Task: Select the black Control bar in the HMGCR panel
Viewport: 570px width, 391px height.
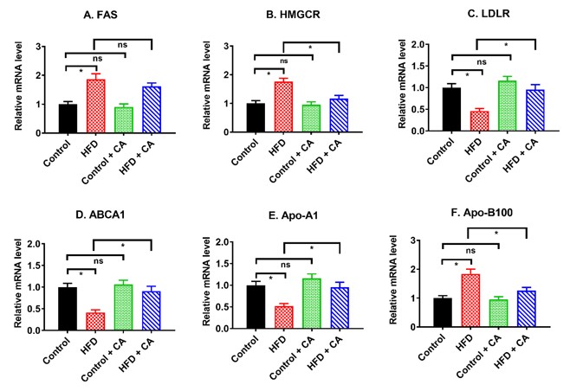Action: tap(256, 118)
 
